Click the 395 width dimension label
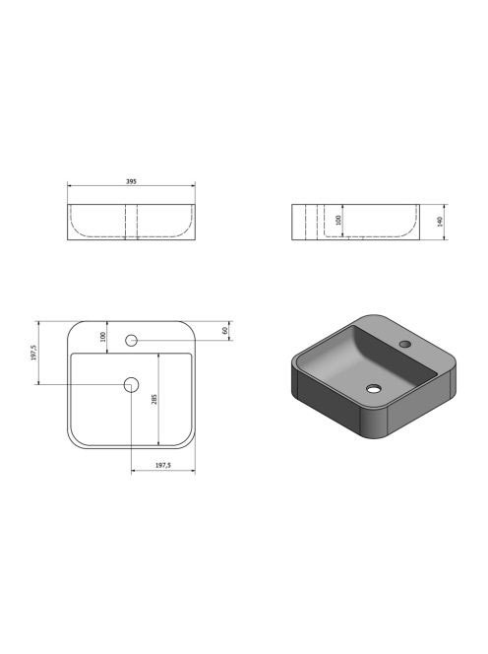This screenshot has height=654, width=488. click(131, 182)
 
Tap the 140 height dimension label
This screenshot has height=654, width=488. click(440, 222)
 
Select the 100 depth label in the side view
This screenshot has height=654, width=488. click(338, 220)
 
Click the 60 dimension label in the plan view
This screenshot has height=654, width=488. click(225, 330)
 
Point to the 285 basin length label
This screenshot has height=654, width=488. click(154, 400)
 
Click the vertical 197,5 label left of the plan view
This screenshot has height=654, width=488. click(34, 353)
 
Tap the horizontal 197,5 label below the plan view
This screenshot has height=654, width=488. click(163, 465)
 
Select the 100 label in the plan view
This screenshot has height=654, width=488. click(103, 337)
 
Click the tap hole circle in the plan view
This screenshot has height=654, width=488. click(131, 340)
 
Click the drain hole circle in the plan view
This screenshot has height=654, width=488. click(131, 384)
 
